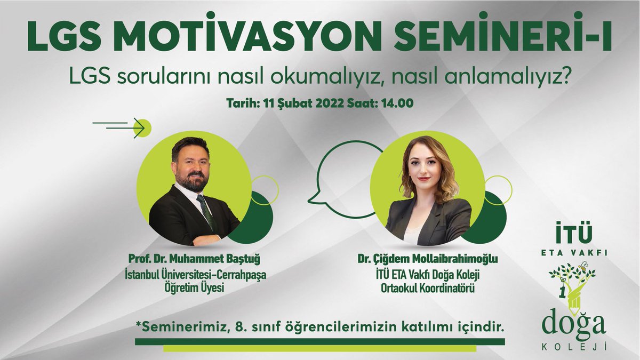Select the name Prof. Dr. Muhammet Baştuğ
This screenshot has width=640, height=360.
197,259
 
